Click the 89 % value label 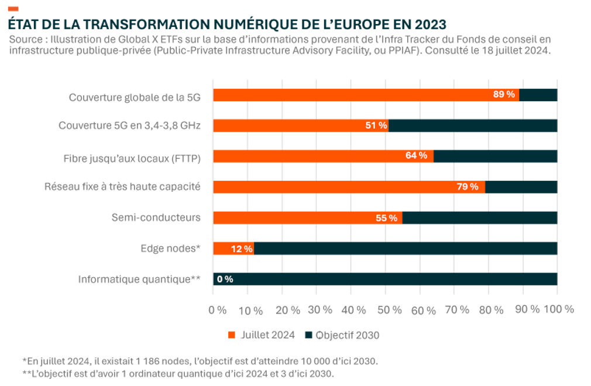click(x=504, y=95)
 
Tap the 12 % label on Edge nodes click(x=241, y=249)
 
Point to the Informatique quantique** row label click(x=139, y=280)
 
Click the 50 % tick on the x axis click(x=386, y=309)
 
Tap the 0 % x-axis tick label click(x=217, y=309)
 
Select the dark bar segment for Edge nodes click(x=405, y=249)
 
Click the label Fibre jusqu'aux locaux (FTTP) click(x=132, y=156)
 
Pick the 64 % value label click(x=417, y=156)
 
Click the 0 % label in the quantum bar click(x=225, y=279)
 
